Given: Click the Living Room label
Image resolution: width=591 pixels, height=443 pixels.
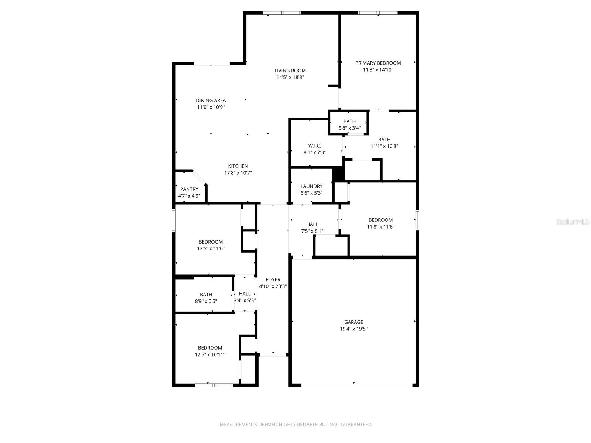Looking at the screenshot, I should (x=290, y=71).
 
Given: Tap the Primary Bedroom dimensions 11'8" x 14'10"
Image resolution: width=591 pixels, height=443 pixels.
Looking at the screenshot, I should (x=378, y=69).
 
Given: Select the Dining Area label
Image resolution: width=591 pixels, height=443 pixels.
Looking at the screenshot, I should (x=211, y=100).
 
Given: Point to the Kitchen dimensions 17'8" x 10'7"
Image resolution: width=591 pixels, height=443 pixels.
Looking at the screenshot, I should (x=238, y=173).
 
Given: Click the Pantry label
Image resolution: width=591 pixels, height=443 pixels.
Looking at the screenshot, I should (x=189, y=189).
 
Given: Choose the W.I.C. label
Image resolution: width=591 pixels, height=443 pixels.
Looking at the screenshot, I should (x=314, y=145).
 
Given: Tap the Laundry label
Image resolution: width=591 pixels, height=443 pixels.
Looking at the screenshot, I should (x=311, y=186).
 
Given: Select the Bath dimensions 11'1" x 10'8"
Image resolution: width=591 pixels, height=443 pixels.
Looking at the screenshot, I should (x=384, y=146).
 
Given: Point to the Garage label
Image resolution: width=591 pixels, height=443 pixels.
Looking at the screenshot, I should (x=353, y=322).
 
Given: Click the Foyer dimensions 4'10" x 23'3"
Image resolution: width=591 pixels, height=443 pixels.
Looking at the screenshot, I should (x=273, y=286).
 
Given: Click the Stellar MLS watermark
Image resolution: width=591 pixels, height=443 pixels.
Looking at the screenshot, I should (x=573, y=222).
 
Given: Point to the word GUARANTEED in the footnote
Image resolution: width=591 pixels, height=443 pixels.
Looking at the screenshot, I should (x=358, y=425).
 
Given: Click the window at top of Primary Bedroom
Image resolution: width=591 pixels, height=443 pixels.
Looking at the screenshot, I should (x=378, y=13).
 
